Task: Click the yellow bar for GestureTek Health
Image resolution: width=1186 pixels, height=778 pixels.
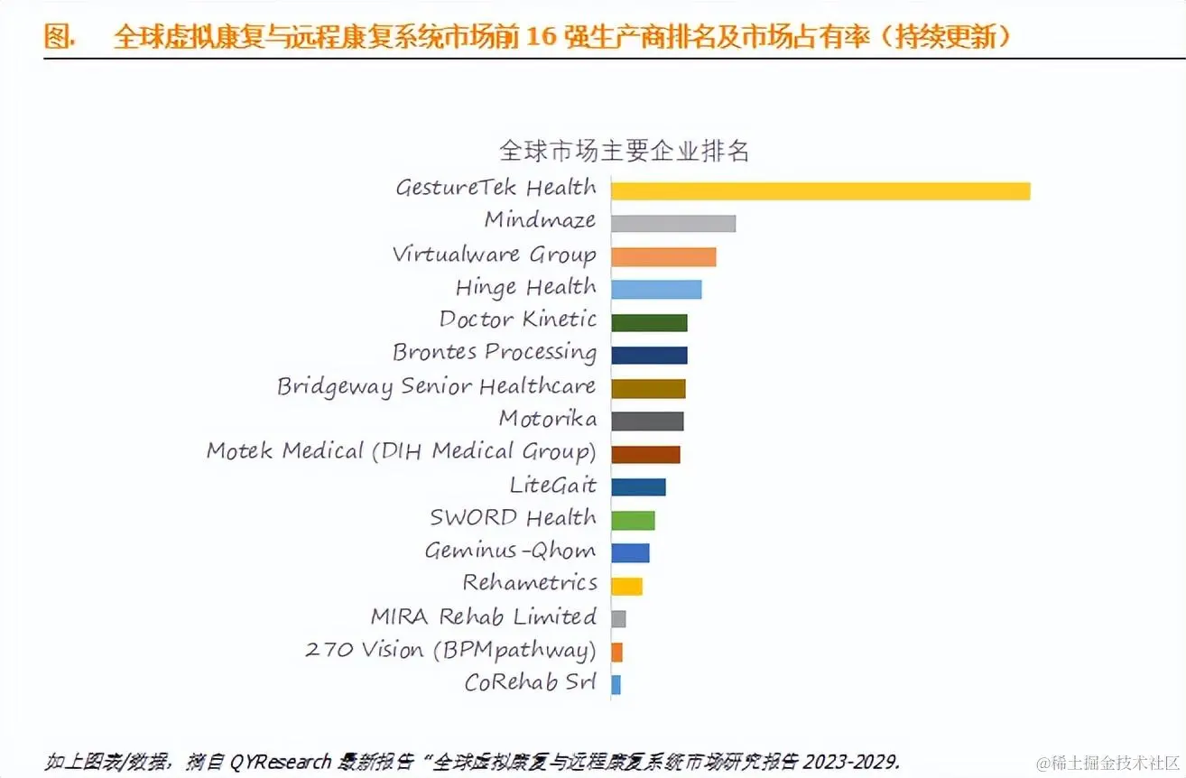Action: tap(820, 190)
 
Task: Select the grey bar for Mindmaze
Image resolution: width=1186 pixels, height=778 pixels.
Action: tap(672, 223)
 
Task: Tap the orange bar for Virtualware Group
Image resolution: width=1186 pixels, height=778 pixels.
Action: tap(662, 256)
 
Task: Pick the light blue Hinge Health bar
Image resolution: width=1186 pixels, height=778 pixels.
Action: tap(655, 289)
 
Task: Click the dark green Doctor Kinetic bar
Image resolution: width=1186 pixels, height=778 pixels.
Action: tap(648, 322)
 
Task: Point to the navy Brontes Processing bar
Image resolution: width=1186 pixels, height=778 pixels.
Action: tap(648, 355)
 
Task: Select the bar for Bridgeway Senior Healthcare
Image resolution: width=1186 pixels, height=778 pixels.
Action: tap(647, 388)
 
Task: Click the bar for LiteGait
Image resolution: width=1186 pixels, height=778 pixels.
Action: tap(637, 486)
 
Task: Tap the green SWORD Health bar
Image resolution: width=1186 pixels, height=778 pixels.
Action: tap(632, 520)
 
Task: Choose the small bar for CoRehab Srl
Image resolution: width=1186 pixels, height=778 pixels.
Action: tap(616, 684)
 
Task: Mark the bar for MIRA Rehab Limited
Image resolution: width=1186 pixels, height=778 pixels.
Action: tap(618, 618)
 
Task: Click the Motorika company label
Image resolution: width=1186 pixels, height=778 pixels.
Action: tap(547, 419)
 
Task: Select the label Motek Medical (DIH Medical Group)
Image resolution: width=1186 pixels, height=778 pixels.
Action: tap(401, 451)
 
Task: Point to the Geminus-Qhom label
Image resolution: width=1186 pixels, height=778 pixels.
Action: tap(510, 551)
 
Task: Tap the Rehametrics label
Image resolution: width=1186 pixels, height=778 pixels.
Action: tap(530, 583)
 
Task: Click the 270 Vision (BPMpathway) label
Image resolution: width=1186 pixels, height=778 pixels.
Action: tap(450, 650)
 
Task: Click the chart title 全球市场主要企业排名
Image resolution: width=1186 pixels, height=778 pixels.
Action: tap(625, 150)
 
